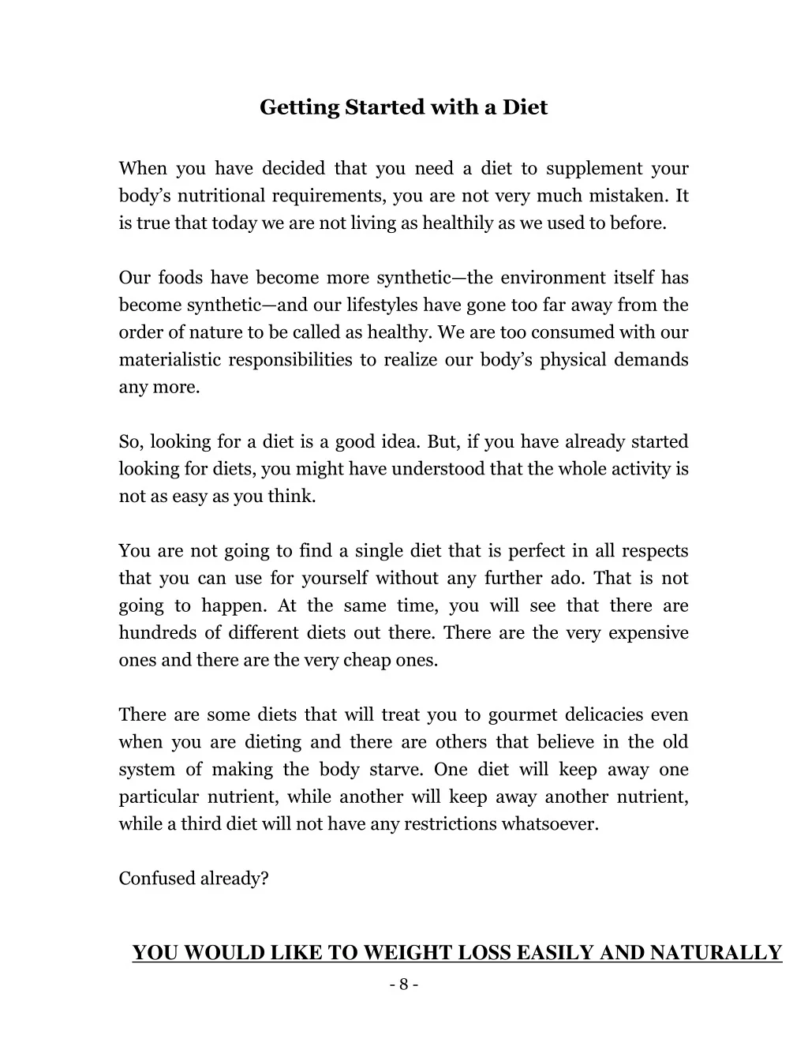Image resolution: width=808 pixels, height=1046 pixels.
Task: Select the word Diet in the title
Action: pyautogui.click(x=525, y=107)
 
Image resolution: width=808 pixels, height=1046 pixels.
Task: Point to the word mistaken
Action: pyautogui.click(x=628, y=196)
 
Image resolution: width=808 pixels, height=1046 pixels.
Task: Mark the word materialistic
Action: pyautogui.click(x=167, y=360)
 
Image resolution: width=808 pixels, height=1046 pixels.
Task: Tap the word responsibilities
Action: pyautogui.click(x=290, y=360)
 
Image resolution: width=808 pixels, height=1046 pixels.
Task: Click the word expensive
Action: pyautogui.click(x=649, y=633)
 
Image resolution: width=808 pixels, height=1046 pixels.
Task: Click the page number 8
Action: pyautogui.click(x=403, y=984)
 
